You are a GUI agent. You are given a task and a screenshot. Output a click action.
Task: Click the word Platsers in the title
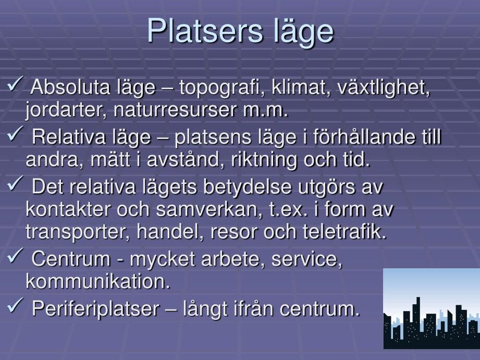point(205,31)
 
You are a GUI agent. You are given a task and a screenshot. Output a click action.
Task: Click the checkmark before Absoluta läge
point(15,84)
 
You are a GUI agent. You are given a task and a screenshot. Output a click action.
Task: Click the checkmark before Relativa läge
point(15,133)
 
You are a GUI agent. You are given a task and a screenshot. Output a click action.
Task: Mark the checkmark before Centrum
point(15,256)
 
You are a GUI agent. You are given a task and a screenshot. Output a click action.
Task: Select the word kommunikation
point(98,281)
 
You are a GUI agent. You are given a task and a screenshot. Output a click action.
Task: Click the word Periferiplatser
point(95,308)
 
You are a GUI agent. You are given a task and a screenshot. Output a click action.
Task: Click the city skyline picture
point(432,308)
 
